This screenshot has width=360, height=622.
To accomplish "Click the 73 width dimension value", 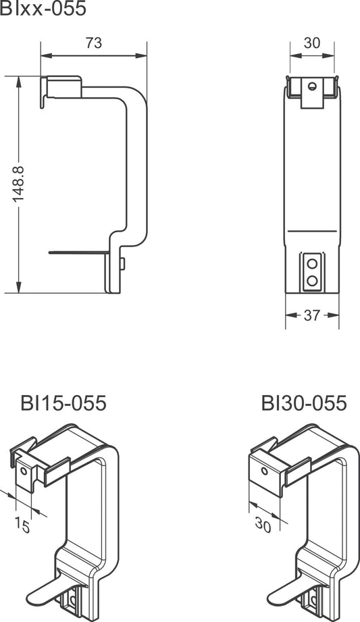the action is pyautogui.click(x=94, y=43).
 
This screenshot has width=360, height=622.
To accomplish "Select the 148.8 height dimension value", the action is pyautogui.click(x=18, y=184).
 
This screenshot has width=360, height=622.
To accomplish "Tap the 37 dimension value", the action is pyautogui.click(x=311, y=315).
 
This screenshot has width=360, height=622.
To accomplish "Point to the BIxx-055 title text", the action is pyautogui.click(x=43, y=8).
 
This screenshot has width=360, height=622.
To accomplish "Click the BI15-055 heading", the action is pyautogui.click(x=63, y=403).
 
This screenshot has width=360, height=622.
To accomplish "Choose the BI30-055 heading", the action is pyautogui.click(x=304, y=403).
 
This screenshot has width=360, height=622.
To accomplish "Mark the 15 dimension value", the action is pyautogui.click(x=22, y=525).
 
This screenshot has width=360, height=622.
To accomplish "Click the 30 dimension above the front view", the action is pyautogui.click(x=312, y=43).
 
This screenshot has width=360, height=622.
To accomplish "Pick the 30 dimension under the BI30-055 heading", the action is pyautogui.click(x=263, y=525).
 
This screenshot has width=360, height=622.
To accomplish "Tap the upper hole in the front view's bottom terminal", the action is pyautogui.click(x=312, y=263).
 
